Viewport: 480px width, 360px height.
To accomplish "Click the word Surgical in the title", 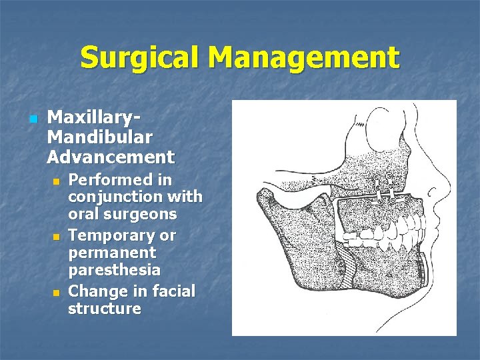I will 139,59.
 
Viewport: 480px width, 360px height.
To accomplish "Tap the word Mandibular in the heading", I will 100,138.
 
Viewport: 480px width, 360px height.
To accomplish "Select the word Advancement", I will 111,158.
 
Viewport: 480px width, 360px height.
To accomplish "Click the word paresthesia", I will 114,271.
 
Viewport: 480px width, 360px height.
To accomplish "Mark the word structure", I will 104,309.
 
